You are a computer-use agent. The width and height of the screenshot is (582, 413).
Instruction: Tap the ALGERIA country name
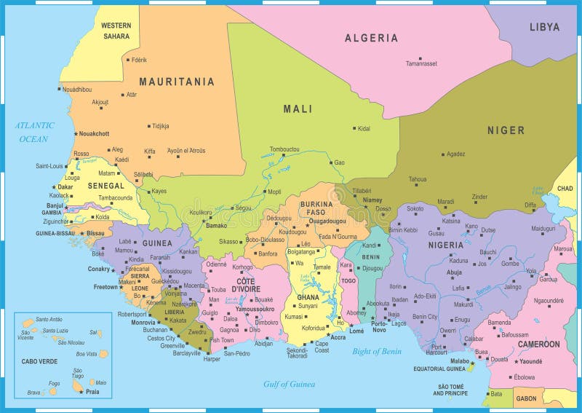pos(371,38)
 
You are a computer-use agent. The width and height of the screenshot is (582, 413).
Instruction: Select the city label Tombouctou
pos(284,149)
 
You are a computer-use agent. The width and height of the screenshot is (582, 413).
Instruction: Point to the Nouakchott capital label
pos(94,133)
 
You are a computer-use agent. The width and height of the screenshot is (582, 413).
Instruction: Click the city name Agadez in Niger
pos(456,154)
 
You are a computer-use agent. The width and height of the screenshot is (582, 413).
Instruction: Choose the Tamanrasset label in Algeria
pos(422,63)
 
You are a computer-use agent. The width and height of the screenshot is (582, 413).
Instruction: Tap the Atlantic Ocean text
pos(35,132)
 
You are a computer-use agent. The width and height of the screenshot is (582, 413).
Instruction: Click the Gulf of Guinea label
pos(290,384)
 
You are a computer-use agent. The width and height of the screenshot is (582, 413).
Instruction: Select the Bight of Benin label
pos(377,351)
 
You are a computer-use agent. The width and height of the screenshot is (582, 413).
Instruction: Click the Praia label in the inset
pos(92,392)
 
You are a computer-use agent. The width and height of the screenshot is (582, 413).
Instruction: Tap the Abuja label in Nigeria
pos(454,272)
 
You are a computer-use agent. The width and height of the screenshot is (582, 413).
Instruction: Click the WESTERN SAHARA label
pos(116,31)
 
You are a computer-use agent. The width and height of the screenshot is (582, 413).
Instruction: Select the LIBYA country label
pos(544,27)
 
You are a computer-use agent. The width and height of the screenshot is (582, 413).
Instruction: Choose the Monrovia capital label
pos(143,322)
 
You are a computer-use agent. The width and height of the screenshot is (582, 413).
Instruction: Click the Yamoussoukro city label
pos(254,309)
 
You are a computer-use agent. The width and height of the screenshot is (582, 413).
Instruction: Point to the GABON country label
pos(526,398)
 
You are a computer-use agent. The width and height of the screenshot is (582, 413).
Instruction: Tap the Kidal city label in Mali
pos(364,128)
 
